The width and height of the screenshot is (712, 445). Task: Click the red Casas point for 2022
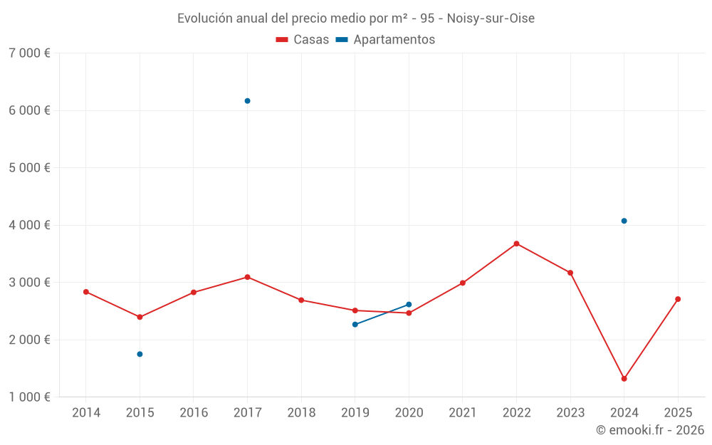[x=516, y=244]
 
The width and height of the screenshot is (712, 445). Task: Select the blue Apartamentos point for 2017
[x=247, y=101]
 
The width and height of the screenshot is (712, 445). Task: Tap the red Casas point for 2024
[x=624, y=379]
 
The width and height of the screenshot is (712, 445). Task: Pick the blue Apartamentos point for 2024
[x=624, y=221]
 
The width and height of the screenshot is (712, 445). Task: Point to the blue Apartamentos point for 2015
[x=140, y=354]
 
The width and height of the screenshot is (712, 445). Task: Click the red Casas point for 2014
[x=86, y=292]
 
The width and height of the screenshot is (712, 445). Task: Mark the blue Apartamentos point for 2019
[x=355, y=325]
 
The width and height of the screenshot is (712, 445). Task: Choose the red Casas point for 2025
[x=678, y=299]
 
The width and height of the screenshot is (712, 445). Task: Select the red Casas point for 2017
[x=247, y=277]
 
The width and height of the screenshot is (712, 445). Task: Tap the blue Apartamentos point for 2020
[x=409, y=305]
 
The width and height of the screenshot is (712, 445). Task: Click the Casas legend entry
[x=303, y=40]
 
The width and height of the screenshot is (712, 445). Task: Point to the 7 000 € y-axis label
[x=30, y=53]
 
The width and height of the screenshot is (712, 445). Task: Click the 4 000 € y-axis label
[x=30, y=225]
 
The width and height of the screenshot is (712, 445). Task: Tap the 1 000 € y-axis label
[x=30, y=397]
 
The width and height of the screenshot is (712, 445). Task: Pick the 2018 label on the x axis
[x=301, y=413]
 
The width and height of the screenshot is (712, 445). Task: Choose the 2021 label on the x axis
[x=462, y=413]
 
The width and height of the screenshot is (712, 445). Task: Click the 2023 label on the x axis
[x=570, y=413]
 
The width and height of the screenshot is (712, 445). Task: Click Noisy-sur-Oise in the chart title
[x=491, y=18]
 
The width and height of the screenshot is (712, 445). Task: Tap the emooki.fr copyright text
[x=649, y=430]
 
